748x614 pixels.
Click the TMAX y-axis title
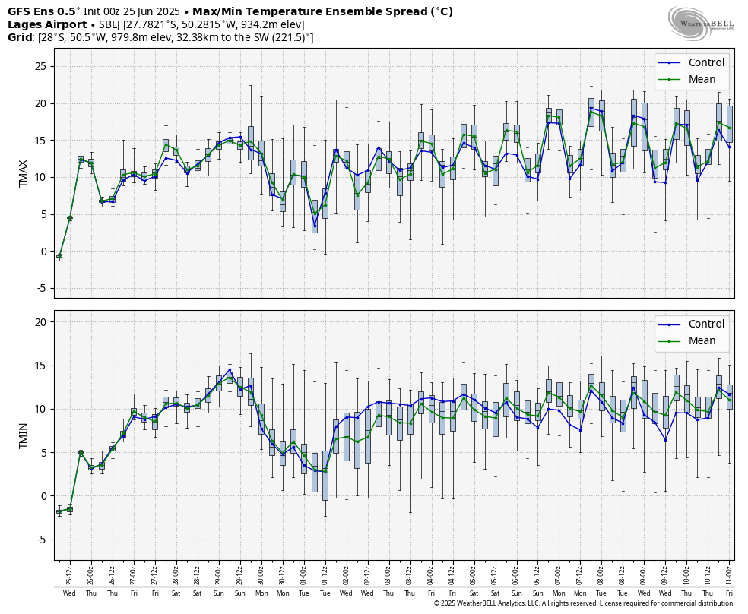tap(24, 173)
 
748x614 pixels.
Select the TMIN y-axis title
tap(24, 435)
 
